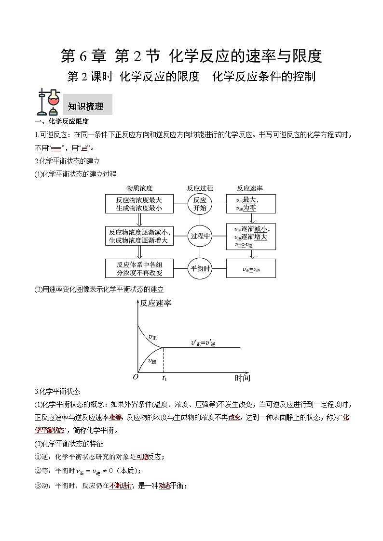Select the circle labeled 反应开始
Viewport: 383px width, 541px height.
point(200,204)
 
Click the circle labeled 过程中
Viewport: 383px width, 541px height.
point(200,236)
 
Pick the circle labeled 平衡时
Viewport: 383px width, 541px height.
point(200,269)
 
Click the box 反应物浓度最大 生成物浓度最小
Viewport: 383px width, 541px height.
point(139,204)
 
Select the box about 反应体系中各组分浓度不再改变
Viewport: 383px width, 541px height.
point(139,269)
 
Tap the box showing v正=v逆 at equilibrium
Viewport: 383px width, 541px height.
point(251,269)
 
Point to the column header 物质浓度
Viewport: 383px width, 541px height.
point(139,188)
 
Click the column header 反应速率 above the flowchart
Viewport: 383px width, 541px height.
point(250,188)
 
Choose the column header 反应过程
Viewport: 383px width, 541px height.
point(200,188)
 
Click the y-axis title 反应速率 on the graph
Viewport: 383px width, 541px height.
point(155,303)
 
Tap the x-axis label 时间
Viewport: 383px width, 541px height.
point(243,378)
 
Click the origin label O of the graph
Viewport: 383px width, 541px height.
point(136,377)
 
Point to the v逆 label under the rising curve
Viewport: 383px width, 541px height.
point(152,361)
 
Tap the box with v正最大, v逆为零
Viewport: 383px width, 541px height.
point(251,204)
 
